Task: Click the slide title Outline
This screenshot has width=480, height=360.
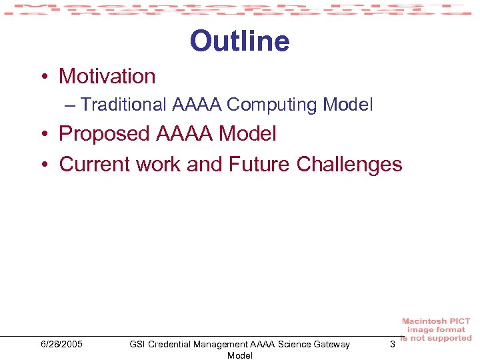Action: [x=239, y=41]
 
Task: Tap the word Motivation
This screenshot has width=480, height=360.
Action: [x=107, y=77]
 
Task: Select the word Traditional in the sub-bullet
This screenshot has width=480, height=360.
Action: [x=123, y=105]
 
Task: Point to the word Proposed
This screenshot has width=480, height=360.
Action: [x=105, y=134]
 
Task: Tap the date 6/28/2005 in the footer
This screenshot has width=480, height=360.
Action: [x=61, y=344]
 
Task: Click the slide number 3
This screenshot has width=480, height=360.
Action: [x=392, y=344]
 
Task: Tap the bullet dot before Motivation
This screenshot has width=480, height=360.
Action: [x=43, y=77]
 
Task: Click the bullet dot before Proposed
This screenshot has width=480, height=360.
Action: [x=43, y=135]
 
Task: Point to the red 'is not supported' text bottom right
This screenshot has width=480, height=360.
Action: [x=436, y=338]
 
